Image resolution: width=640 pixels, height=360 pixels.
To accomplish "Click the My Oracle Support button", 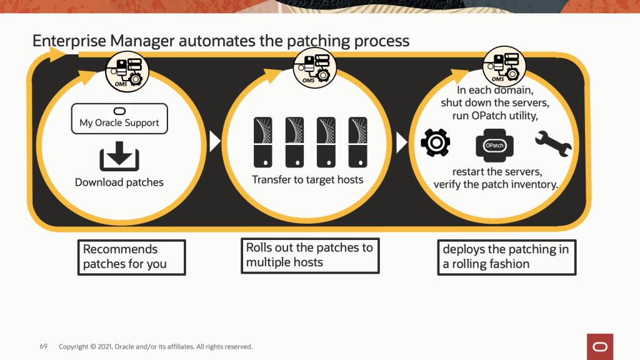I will (x=119, y=118).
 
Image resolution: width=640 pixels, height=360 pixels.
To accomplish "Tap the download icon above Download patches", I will (x=119, y=157).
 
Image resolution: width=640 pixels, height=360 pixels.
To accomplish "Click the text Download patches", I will (x=119, y=182).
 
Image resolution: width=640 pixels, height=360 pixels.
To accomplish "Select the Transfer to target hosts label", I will (x=307, y=179).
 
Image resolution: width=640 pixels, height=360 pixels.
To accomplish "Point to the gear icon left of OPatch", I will (x=436, y=143).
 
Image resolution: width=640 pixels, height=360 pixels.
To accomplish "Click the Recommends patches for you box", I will (x=132, y=257).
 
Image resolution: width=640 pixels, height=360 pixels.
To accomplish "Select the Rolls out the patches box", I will (x=310, y=255).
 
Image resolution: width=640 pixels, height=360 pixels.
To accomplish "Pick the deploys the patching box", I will (x=506, y=257).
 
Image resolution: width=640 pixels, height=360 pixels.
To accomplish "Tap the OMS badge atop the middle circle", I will (x=315, y=67).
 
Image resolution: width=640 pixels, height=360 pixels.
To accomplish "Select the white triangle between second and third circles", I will (x=401, y=142).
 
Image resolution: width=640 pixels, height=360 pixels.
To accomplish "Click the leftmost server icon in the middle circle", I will (x=263, y=142).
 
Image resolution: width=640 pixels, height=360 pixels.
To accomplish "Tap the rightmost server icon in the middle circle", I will (x=357, y=142).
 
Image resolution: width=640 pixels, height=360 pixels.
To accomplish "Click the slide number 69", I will (x=44, y=346).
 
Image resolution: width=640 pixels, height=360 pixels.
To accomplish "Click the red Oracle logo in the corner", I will (x=600, y=346).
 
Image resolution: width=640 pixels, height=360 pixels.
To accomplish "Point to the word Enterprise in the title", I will (x=69, y=41).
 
